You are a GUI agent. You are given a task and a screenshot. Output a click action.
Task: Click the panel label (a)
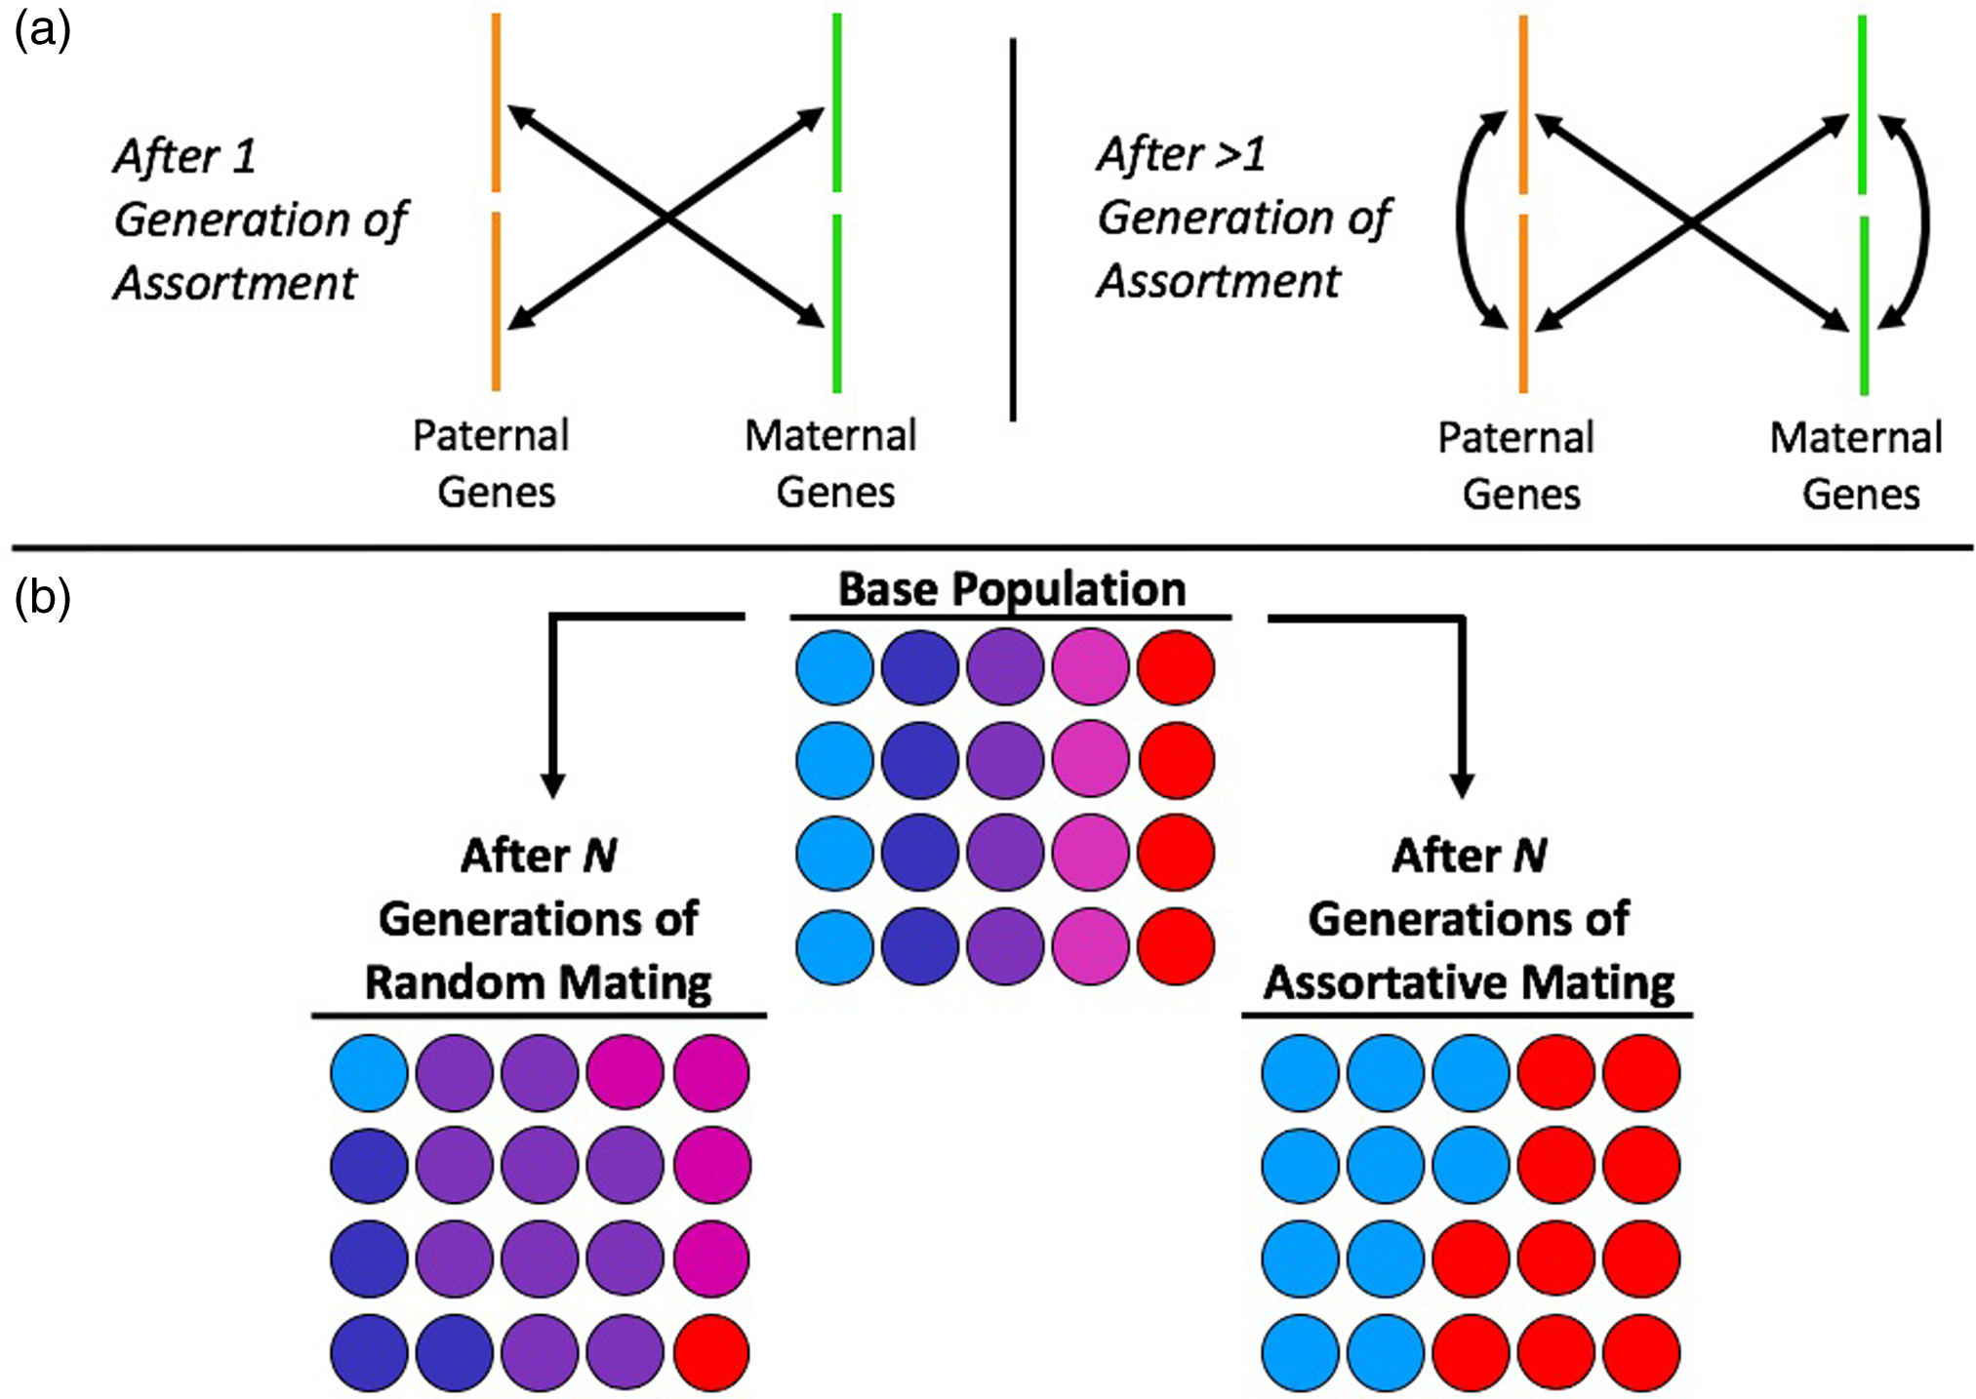pos(42,32)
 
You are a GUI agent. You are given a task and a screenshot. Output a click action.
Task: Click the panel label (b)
pos(42,597)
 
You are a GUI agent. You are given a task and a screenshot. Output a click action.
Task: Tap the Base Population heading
pos(1012,589)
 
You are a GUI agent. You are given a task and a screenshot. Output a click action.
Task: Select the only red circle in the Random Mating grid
pos(711,1352)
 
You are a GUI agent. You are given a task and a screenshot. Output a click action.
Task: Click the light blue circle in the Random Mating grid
pos(369,1073)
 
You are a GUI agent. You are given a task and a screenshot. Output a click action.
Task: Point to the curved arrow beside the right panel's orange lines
pos(1461,220)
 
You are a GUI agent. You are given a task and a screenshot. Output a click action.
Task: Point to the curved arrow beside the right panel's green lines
pos(1923,220)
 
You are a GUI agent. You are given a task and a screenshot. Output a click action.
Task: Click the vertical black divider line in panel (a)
pos(1013,229)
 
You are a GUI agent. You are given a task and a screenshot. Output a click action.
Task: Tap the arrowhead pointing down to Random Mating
pos(552,785)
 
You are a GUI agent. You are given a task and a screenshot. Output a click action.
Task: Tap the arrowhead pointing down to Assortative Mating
pos(1462,785)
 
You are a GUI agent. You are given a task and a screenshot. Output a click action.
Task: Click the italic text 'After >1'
pos(1181,154)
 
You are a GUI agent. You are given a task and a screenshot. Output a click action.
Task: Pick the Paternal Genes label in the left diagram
pos(492,463)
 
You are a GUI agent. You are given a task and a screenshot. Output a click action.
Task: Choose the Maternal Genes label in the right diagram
pos(1856,465)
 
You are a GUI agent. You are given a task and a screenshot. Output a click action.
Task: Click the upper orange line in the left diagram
pos(496,102)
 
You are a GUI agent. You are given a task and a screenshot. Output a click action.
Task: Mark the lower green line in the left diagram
pos(836,302)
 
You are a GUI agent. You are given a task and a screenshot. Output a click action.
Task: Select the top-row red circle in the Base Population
pos(1176,667)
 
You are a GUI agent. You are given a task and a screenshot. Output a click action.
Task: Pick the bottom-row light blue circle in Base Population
pos(834,946)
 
